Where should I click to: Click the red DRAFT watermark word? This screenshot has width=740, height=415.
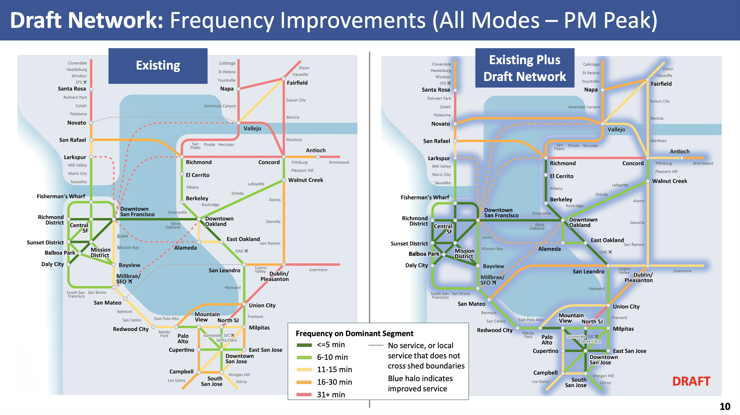tap(691, 381)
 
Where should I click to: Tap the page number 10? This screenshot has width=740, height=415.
tap(725, 406)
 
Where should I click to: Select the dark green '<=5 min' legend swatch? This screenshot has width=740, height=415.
tap(304, 345)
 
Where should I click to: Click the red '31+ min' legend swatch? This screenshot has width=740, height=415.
tap(304, 395)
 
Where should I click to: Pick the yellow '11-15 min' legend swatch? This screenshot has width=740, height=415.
tap(304, 370)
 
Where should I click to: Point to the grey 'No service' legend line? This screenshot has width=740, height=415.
tap(376, 345)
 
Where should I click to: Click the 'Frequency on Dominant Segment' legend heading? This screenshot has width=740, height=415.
tap(354, 333)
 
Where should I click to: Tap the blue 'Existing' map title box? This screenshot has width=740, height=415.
tap(158, 66)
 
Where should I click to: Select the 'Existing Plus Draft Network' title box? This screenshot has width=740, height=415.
tap(525, 68)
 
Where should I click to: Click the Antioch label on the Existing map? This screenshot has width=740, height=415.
tap(315, 150)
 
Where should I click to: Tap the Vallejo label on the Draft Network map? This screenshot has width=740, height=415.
tap(616, 130)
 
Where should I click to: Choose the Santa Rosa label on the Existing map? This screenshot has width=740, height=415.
tap(72, 89)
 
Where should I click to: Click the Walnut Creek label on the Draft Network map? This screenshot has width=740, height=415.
tap(670, 181)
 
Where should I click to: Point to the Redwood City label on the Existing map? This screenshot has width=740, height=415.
tap(131, 329)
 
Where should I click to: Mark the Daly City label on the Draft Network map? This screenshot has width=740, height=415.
tap(416, 265)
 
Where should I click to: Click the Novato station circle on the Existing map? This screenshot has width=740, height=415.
tap(91, 123)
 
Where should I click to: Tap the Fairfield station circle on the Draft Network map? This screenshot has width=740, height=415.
tap(648, 80)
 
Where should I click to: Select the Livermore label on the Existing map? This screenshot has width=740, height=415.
tap(318, 270)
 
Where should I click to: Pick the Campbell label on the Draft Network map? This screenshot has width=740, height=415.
tap(545, 373)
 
